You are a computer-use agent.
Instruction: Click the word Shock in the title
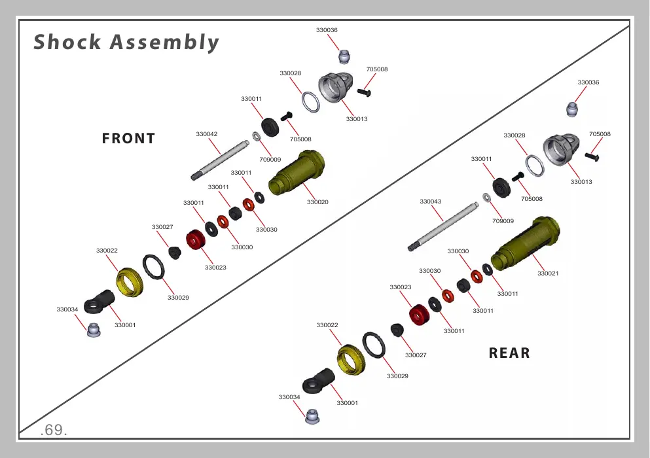pyautogui.click(x=67, y=42)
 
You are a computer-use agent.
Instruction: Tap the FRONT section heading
pyautogui.click(x=128, y=139)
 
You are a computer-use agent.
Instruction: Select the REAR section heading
pyautogui.click(x=509, y=353)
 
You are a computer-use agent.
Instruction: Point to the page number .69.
pyautogui.click(x=54, y=430)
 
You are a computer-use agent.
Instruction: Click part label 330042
pyautogui.click(x=206, y=134)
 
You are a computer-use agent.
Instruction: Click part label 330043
pyautogui.click(x=430, y=202)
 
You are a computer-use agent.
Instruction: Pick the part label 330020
pyautogui.click(x=317, y=202)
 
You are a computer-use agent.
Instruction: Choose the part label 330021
pyautogui.click(x=548, y=273)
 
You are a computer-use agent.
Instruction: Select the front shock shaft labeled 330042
pyautogui.click(x=220, y=160)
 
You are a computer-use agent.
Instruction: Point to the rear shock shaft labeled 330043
pyautogui.click(x=443, y=227)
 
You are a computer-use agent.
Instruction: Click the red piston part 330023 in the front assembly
pyautogui.click(x=195, y=239)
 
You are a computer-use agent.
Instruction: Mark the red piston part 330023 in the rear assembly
pyautogui.click(x=419, y=315)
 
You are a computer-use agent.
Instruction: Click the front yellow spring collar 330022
pyautogui.click(x=130, y=282)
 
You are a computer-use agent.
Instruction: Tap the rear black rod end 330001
pyautogui.click(x=318, y=381)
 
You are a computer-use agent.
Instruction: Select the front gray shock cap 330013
pyautogui.click(x=336, y=87)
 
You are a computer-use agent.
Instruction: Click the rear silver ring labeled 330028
pyautogui.click(x=535, y=166)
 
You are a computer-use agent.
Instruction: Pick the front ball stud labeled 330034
pyautogui.click(x=94, y=330)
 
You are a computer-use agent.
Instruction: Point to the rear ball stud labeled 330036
pyautogui.click(x=573, y=110)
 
